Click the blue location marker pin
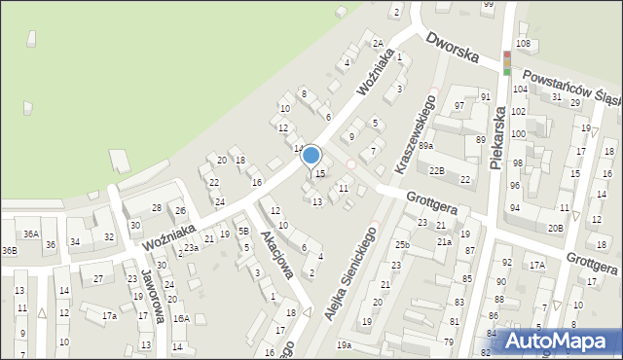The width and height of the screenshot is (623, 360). coord(311,156)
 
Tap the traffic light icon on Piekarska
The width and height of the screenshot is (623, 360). coord(506,61)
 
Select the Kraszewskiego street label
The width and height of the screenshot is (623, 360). coord(414,133)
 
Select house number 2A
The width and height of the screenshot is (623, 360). coord(377,44)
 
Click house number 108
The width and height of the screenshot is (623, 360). coord(523,44)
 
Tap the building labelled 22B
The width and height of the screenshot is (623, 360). coord(437,171)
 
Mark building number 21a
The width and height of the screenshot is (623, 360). coord(444,242)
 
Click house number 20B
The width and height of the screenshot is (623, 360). coord(555,228)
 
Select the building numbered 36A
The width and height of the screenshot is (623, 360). coord(31,234)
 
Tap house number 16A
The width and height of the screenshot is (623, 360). coord(181,318)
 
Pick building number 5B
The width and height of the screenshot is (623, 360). coord(243,232)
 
